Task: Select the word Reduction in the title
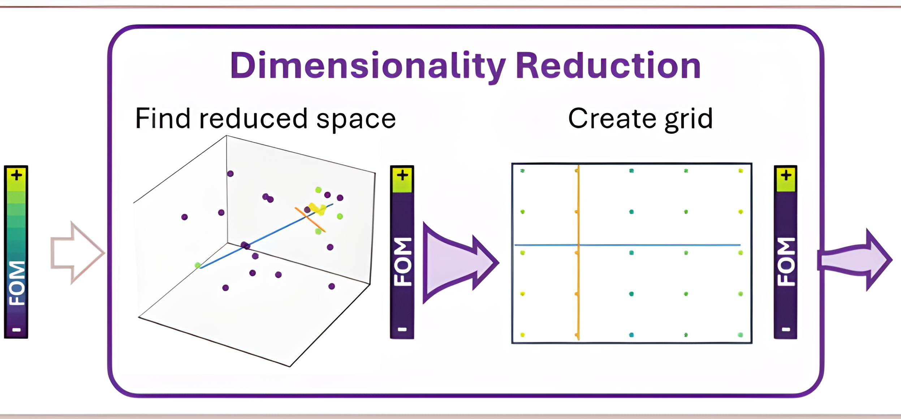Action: click(x=608, y=66)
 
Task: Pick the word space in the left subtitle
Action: click(x=356, y=119)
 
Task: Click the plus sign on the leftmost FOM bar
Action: click(x=16, y=176)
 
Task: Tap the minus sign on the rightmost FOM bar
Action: click(x=786, y=329)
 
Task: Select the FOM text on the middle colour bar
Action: click(x=402, y=262)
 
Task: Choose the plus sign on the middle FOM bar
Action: click(x=402, y=176)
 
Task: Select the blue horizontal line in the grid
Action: click(x=650, y=245)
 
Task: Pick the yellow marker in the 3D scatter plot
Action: click(x=318, y=209)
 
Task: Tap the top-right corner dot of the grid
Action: click(x=741, y=171)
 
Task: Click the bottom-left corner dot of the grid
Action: click(x=522, y=335)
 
